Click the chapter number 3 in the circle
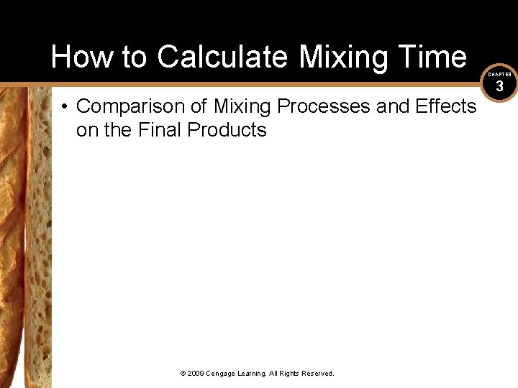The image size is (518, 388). tap(499, 86)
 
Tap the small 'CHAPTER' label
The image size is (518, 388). tap(499, 74)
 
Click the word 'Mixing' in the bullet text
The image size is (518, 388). tap(242, 106)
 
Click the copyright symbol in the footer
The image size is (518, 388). tap(183, 374)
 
